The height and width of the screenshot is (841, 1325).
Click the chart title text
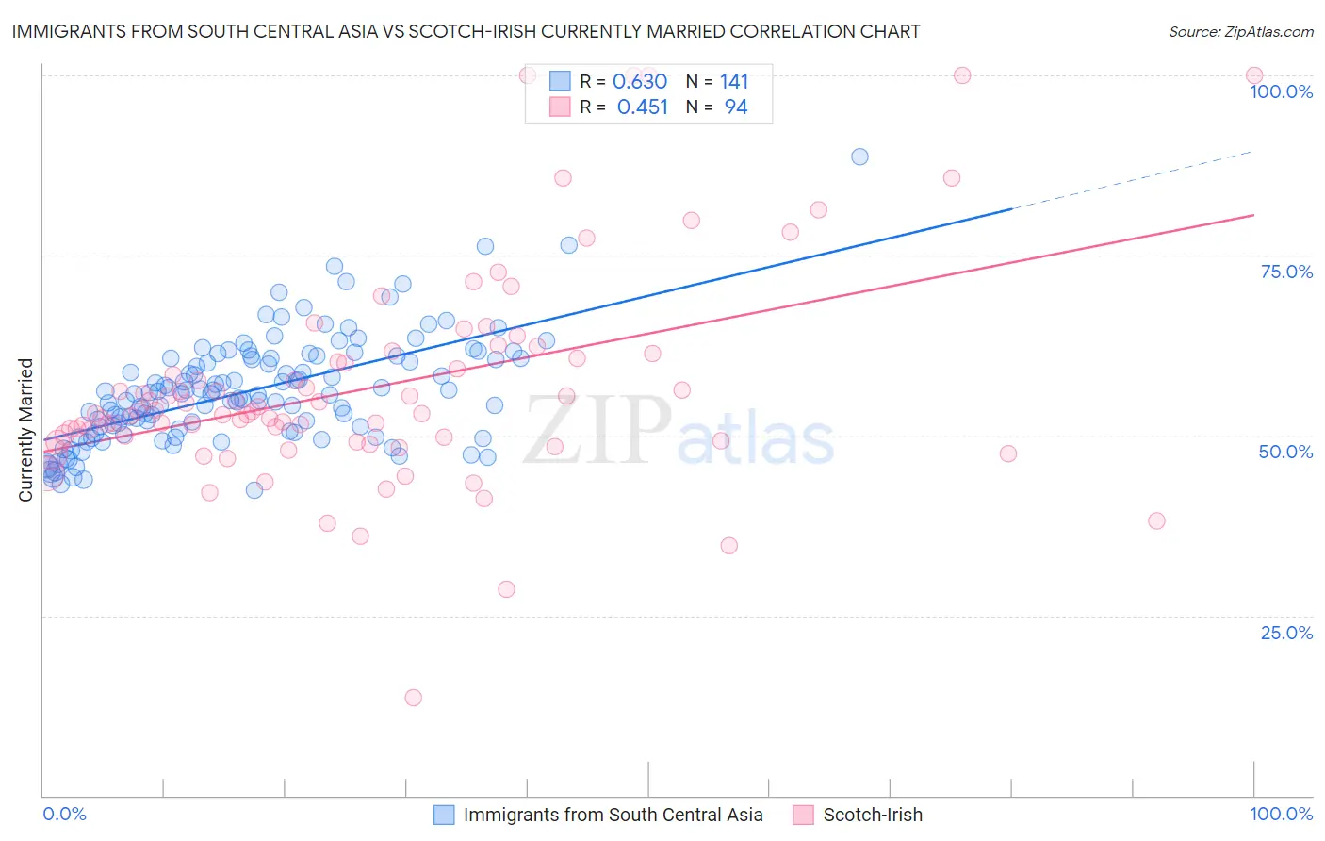pos(466,31)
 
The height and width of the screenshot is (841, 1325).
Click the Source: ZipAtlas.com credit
pos(1240,31)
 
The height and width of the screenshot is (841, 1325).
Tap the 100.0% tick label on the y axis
pos(1281,91)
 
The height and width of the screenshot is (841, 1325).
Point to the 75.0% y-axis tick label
pos(1286,272)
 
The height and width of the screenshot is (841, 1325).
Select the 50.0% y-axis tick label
pos(1285,452)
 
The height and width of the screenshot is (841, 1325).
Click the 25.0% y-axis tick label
pos(1286,632)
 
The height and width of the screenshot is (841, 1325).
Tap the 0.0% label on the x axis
pos(64,814)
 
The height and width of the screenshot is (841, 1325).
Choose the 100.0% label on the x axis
pos(1281,814)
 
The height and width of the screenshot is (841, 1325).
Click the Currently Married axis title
pos(25,430)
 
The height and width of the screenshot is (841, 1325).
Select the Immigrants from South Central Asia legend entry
pos(613,815)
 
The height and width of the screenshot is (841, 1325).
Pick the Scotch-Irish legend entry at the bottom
pos(873,815)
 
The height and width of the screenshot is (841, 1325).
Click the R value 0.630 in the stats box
pos(640,82)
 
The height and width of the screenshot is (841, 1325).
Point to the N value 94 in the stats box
pos(736,107)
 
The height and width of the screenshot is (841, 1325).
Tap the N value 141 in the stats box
pos(734,82)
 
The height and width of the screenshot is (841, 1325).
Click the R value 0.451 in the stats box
pos(643,107)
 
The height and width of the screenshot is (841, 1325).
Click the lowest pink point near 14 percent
pos(413,698)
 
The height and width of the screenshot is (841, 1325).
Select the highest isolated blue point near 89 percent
pos(859,157)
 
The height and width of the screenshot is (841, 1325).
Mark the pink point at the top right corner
pos(1253,75)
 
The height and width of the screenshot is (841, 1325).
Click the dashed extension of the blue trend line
pos(1131,180)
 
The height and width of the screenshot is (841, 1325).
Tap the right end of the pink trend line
pos(1252,216)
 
